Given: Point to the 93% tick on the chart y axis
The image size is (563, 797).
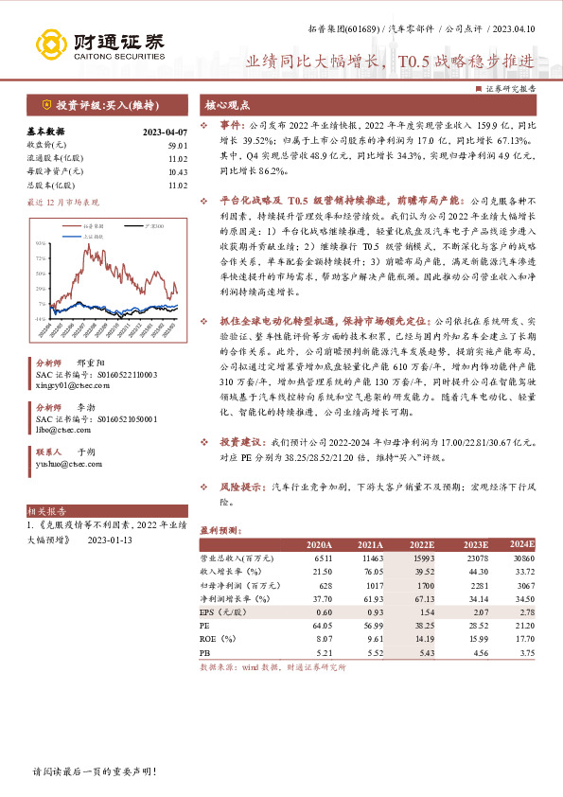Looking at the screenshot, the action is tap(41, 244).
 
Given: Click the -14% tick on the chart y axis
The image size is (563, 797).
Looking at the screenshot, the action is tap(41, 320).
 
